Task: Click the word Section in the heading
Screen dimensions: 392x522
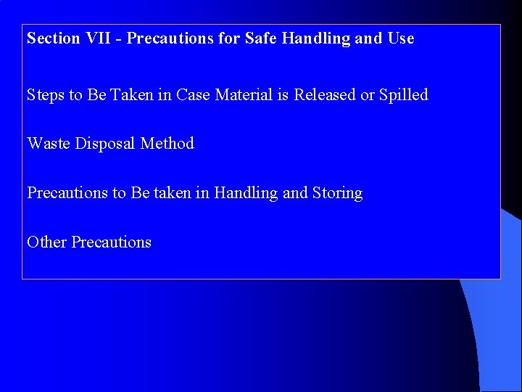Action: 52,38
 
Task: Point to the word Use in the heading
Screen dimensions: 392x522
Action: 400,38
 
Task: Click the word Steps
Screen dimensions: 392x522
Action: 46,95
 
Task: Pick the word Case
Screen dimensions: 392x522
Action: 194,95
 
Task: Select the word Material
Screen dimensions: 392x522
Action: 244,95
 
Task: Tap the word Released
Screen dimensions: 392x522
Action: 325,95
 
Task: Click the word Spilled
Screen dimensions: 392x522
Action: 404,95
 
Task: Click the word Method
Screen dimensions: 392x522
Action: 167,144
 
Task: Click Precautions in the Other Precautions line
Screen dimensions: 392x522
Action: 111,242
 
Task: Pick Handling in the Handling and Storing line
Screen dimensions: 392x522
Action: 246,193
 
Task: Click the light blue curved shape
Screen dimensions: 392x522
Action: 497,341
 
